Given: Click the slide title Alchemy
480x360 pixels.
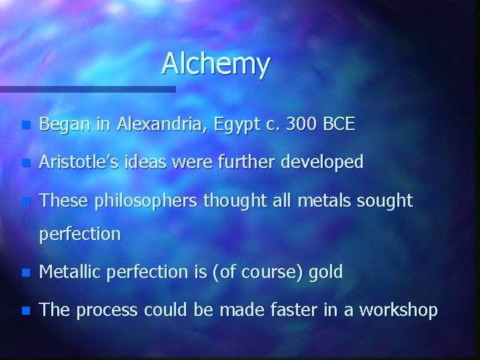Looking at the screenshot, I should pos(215,64).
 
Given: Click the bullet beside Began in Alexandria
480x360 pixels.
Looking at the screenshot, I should pos(25,125).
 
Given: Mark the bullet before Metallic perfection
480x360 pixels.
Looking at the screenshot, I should pos(25,273).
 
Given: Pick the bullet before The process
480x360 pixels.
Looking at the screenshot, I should pos(25,311).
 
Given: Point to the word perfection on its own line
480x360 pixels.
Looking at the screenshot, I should pos(80,234).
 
